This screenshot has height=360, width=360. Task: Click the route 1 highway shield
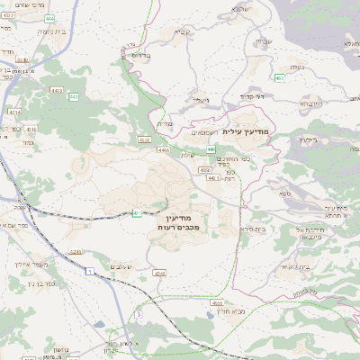click(90, 270)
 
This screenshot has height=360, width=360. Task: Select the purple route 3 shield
click(139, 314)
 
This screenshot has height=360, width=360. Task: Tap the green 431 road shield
click(138, 212)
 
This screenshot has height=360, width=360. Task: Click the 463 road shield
click(280, 78)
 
